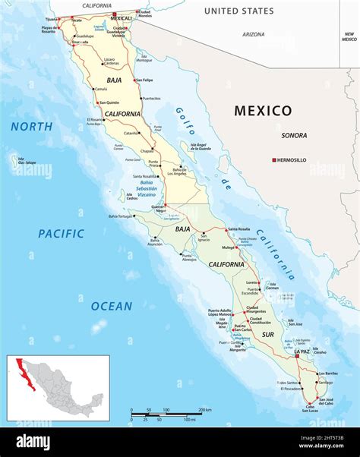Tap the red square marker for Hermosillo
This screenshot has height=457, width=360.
pos(275,160)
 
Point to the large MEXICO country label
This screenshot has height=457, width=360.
pos(262,111)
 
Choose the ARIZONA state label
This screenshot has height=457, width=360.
pos(254,34)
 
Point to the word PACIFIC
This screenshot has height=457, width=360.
pos(62,234)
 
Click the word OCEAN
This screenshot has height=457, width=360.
pos(112,306)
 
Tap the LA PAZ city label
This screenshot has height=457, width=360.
pos(302,352)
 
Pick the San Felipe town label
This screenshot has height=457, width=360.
pos(144,80)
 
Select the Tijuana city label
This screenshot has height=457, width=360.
pos(51,19)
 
